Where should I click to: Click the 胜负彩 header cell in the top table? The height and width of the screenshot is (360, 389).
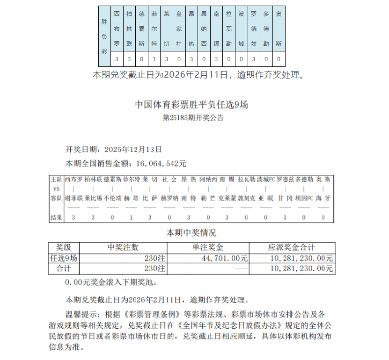[104, 36]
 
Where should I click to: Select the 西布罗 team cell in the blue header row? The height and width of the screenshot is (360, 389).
[117, 29]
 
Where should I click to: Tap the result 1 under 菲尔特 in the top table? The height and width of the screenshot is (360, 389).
[154, 59]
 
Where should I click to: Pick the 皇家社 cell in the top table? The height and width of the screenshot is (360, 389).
[179, 29]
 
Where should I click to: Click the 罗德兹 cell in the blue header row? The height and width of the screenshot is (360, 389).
[254, 29]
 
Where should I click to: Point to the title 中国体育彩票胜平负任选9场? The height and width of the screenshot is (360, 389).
[191, 104]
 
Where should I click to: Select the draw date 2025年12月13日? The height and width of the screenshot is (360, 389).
[133, 150]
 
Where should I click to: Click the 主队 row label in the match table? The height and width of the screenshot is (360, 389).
[56, 179]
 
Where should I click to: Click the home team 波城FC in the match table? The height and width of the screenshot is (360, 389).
[266, 179]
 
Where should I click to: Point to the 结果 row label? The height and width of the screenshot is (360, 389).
[56, 217]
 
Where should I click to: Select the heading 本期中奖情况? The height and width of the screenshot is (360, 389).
[192, 233]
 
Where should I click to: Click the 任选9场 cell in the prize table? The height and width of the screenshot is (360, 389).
[64, 258]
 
